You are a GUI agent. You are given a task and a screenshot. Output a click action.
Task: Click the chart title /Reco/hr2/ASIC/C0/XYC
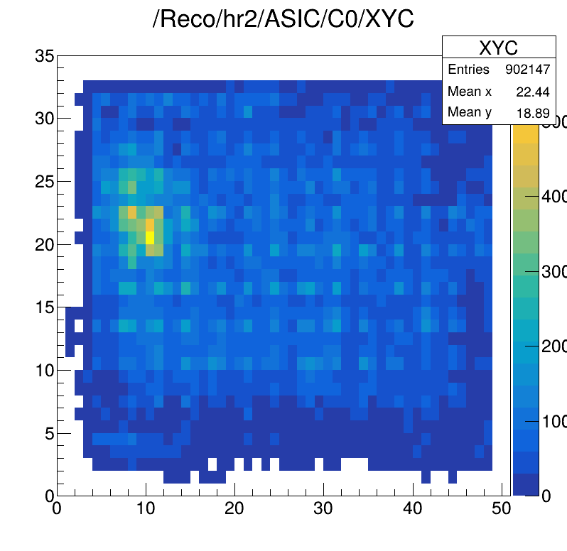(x=283, y=20)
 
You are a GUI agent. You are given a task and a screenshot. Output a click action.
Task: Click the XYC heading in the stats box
(x=498, y=48)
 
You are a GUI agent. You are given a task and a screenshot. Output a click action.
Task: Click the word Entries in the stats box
(x=468, y=70)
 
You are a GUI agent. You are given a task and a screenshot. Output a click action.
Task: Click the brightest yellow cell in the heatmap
(x=150, y=236)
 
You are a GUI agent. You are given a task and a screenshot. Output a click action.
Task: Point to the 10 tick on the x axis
(x=146, y=509)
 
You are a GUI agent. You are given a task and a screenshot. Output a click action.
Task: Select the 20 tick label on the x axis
(x=234, y=509)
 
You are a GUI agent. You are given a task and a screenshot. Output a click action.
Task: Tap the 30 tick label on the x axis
(x=323, y=509)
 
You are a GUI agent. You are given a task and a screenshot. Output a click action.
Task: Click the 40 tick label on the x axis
(x=412, y=509)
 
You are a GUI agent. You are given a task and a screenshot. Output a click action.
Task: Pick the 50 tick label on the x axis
(x=501, y=509)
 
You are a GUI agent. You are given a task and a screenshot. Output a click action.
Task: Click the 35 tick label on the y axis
(x=44, y=56)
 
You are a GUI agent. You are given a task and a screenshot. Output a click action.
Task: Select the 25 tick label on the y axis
(x=44, y=182)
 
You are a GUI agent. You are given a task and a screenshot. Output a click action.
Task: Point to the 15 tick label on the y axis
(x=44, y=307)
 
